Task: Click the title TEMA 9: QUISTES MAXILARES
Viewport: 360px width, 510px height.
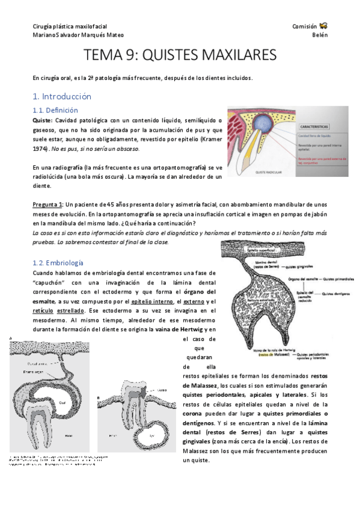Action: pyautogui.click(x=180, y=55)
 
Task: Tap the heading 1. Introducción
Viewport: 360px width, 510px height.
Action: pyautogui.click(x=62, y=96)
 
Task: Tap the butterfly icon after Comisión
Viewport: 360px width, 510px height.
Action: pyautogui.click(x=323, y=26)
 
